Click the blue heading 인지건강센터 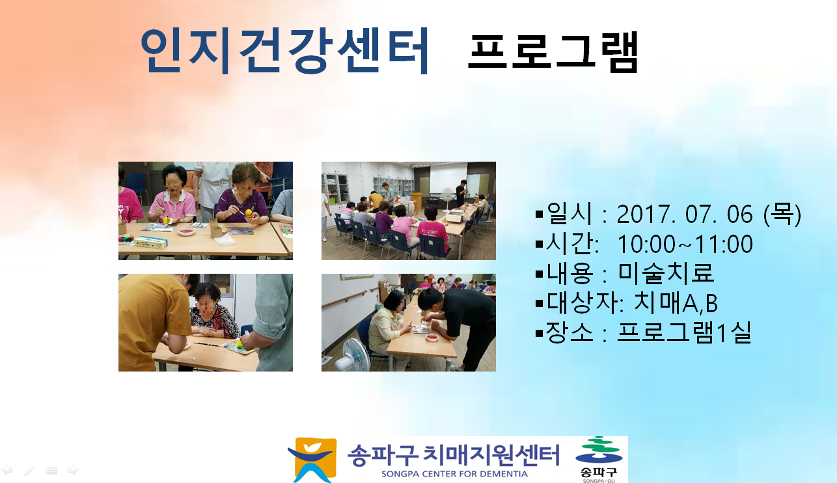pyautogui.click(x=284, y=50)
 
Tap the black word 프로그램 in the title pyautogui.click(x=553, y=51)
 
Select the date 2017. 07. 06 pyautogui.click(x=685, y=214)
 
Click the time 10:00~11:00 pyautogui.click(x=685, y=244)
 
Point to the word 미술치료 pyautogui.click(x=666, y=272)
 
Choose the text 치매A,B pyautogui.click(x=676, y=302)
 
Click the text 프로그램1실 pyautogui.click(x=684, y=332)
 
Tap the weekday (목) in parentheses pyautogui.click(x=782, y=214)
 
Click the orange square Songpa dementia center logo pyautogui.click(x=313, y=460)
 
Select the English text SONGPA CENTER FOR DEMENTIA pyautogui.click(x=454, y=474)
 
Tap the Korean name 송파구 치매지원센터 pyautogui.click(x=454, y=455)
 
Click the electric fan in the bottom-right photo pyautogui.click(x=352, y=355)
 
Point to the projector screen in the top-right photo pyautogui.click(x=448, y=177)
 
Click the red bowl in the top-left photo pyautogui.click(x=186, y=231)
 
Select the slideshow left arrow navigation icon pyautogui.click(x=7, y=469)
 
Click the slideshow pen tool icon pyautogui.click(x=29, y=470)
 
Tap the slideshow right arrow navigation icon pyautogui.click(x=73, y=469)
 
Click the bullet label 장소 pyautogui.click(x=569, y=332)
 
